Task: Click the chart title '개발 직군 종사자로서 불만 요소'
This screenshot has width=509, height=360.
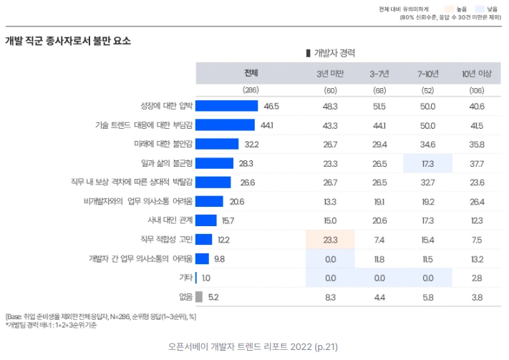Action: click(x=68, y=41)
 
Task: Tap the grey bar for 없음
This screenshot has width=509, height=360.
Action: click(x=199, y=296)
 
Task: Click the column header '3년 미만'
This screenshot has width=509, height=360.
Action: click(x=330, y=74)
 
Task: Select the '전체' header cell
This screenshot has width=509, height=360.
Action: click(x=251, y=73)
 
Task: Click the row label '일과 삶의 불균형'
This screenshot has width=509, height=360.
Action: click(x=166, y=163)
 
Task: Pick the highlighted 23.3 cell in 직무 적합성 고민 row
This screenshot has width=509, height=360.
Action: click(x=330, y=239)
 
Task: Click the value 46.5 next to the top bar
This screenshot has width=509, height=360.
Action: click(x=271, y=106)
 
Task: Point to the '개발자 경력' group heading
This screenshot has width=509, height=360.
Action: click(x=330, y=53)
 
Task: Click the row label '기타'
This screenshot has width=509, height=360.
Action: click(x=185, y=277)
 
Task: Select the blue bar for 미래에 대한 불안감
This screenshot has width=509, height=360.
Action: click(x=217, y=144)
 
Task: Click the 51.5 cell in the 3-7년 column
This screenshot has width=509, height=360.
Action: click(x=379, y=106)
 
